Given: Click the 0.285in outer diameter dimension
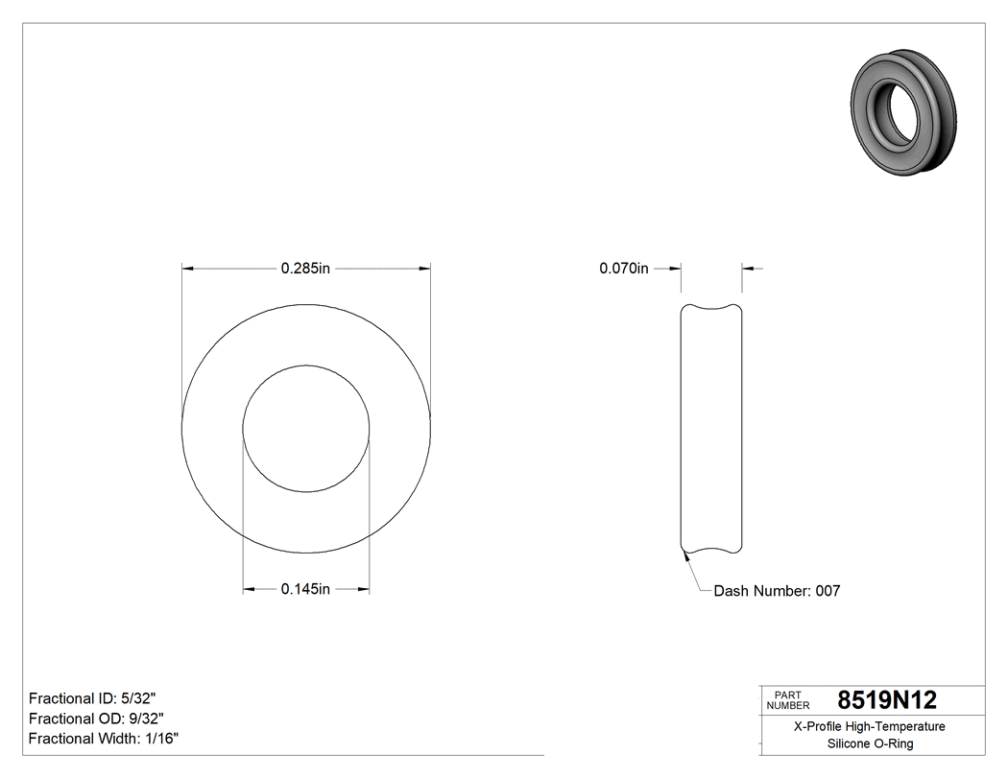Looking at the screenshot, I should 305,269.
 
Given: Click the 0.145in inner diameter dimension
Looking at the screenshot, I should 305,589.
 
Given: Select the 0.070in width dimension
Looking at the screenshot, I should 624,269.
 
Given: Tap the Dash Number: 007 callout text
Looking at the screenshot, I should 777,591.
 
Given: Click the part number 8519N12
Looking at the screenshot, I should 887,700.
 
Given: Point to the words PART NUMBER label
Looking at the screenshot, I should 788,700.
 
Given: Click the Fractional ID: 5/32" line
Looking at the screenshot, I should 92,698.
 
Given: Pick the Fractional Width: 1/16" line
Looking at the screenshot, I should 104,739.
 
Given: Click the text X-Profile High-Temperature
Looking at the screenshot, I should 870,726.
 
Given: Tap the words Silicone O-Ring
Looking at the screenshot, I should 870,743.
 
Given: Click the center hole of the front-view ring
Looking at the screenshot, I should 305,428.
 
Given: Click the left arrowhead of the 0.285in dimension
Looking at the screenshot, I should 188,269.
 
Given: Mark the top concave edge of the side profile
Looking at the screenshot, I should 711,309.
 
